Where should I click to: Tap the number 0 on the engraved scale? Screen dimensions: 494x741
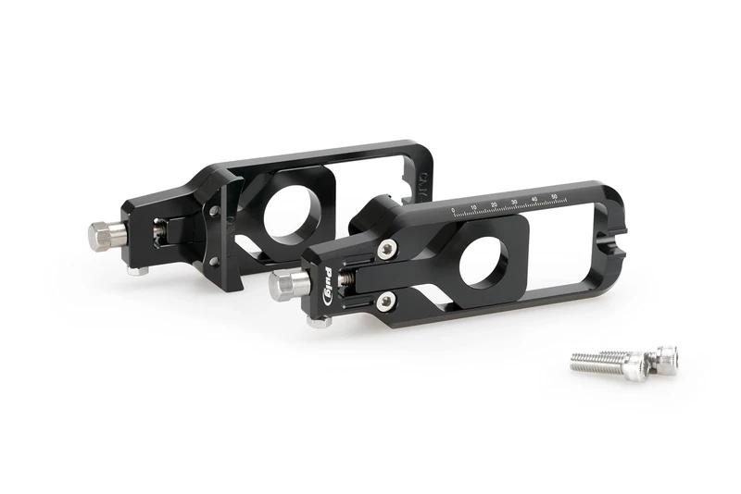click(453, 211)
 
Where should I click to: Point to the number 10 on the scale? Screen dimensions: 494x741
click(473, 207)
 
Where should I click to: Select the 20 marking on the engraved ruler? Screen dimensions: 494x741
click(494, 204)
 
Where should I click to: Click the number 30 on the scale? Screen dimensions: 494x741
click(514, 201)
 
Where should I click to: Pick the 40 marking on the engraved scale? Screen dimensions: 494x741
click(534, 198)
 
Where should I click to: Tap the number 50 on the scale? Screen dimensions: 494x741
click(554, 195)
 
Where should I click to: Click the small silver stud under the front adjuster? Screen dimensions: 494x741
click(320, 322)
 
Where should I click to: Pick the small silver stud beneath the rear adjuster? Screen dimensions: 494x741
click(137, 272)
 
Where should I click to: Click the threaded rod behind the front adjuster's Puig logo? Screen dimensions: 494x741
click(349, 278)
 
